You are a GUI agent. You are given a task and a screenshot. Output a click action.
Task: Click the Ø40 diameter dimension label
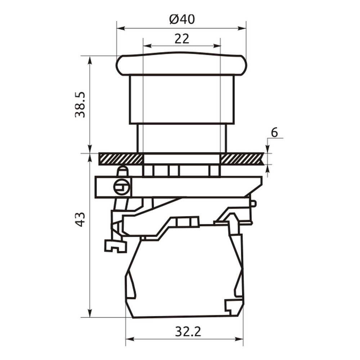coord(182,19)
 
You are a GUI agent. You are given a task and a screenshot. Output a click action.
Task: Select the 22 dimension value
coord(182,39)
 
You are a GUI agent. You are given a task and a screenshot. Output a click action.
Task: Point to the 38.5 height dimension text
coord(80,105)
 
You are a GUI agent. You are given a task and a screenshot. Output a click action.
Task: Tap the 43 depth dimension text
coord(80,220)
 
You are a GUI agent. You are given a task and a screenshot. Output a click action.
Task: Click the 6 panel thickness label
coord(274,133)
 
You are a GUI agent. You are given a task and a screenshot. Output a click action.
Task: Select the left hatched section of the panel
coord(121,159)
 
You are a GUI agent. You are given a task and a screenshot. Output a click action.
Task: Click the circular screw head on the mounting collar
coord(122,187)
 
